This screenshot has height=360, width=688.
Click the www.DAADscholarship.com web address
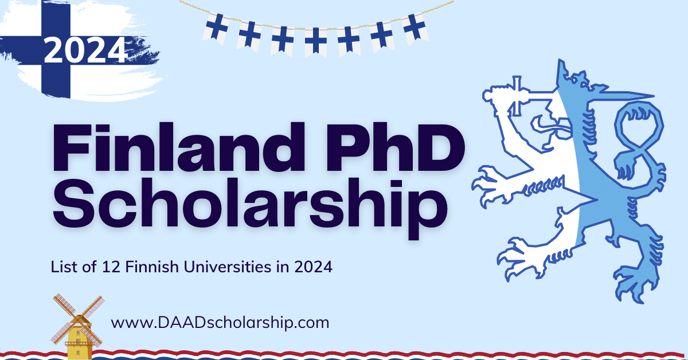220,322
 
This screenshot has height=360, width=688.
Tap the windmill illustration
77,327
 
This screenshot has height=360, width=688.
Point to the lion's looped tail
636,138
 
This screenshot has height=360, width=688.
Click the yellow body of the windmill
78,345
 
